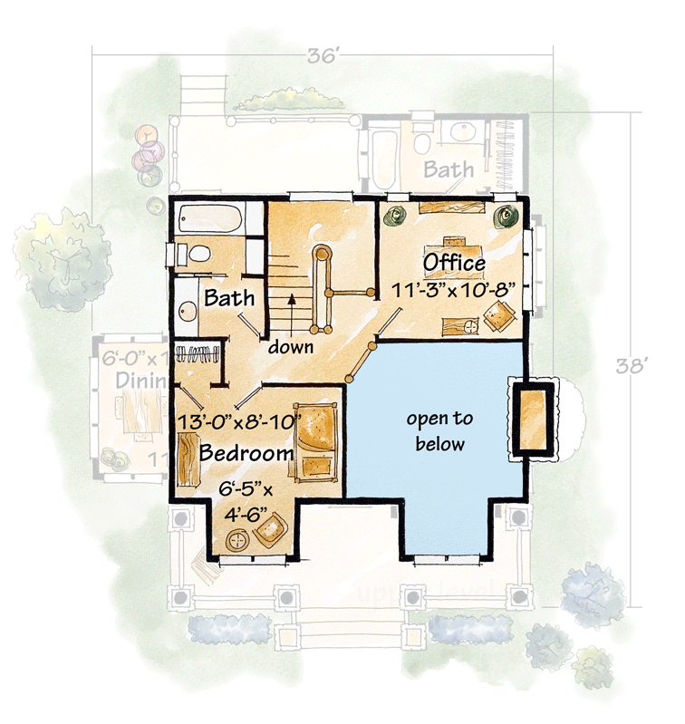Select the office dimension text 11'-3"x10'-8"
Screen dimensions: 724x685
[454, 290]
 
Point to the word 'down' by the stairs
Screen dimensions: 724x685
[290, 346]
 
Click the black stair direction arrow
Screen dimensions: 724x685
[292, 300]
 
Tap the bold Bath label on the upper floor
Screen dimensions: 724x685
[228, 297]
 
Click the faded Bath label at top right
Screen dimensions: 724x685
[449, 169]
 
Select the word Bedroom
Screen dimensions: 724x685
[246, 451]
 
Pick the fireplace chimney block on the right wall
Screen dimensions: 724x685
[533, 419]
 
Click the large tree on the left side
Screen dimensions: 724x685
[62, 255]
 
